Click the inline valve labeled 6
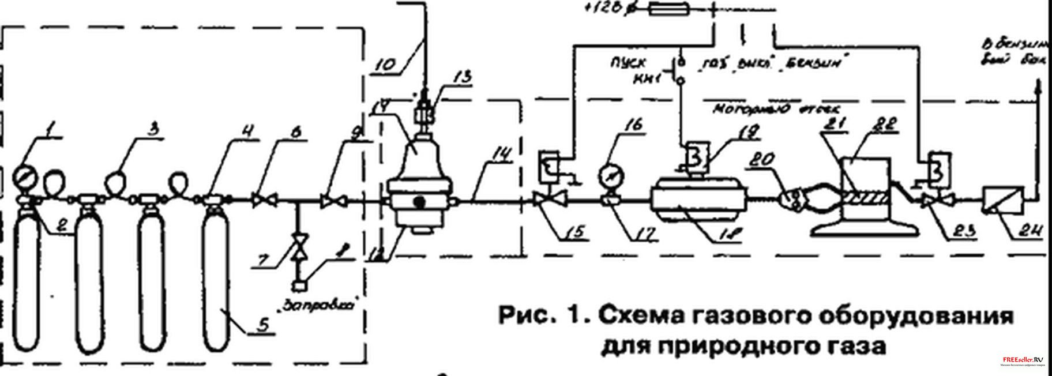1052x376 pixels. [x=265, y=201]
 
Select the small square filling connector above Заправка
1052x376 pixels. [x=299, y=285]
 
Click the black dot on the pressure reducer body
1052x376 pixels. [x=420, y=202]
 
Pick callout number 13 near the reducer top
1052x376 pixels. [x=461, y=77]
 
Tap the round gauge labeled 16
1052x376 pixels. [x=608, y=175]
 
